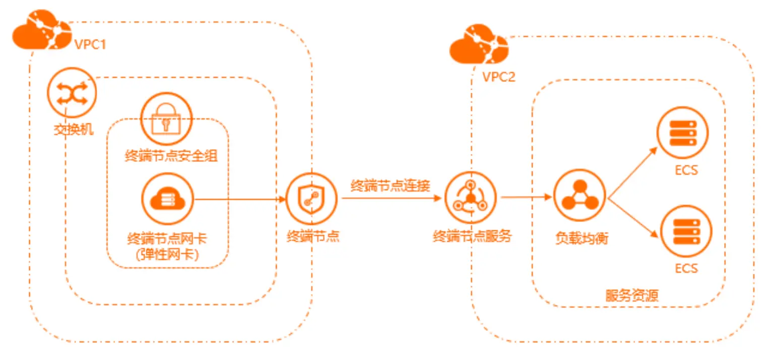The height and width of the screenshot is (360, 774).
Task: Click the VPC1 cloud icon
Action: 41,32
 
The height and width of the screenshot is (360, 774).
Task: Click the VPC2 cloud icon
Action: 478,47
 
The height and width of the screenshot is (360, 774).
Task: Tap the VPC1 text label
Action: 90,44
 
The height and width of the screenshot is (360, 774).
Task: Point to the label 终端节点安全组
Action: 171,156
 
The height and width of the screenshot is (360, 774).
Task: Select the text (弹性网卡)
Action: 168,254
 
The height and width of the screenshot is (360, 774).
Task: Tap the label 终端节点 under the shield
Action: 312,236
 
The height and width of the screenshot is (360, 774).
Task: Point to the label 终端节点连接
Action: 391,186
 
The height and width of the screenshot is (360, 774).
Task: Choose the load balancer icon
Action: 579,196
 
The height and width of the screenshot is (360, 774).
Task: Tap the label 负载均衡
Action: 582,238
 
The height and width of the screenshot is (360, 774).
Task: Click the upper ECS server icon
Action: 684,133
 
